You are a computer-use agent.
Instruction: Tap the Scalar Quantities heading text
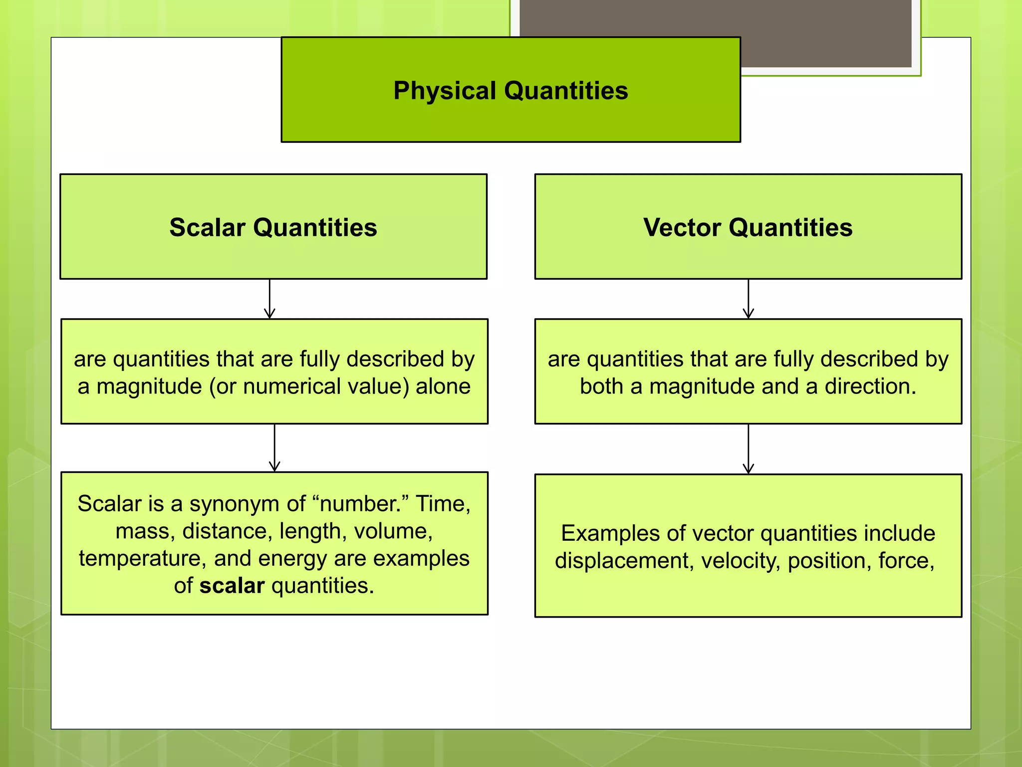(273, 227)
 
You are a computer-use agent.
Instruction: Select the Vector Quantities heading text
(748, 227)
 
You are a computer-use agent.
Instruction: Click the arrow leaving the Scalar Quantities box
(269, 299)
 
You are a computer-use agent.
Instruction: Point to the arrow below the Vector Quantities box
(748, 299)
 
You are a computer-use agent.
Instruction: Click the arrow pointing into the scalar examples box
(274, 447)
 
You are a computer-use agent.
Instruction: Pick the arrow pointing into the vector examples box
(748, 448)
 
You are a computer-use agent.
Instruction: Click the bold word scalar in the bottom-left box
(232, 586)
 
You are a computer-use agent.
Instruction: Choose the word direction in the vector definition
(870, 386)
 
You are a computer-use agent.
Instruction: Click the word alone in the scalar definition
(443, 386)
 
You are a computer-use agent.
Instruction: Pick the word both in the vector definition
(601, 386)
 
